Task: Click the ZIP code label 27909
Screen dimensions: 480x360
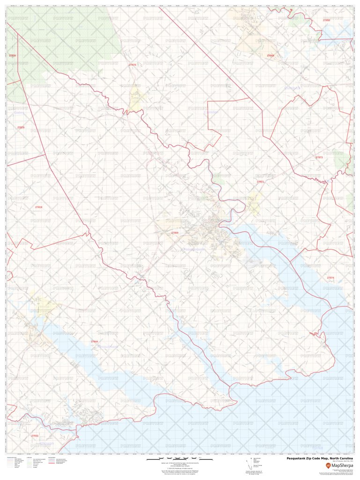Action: point(175,233)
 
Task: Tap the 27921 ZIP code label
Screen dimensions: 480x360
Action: point(260,181)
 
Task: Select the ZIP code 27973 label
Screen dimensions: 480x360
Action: point(319,157)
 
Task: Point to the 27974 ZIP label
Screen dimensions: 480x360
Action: point(331,278)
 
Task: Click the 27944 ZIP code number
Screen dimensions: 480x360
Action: point(95,341)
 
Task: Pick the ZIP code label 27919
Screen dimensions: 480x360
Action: point(38,207)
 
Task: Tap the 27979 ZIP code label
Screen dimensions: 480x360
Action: point(21,127)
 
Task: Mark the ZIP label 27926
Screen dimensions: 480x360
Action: point(12,56)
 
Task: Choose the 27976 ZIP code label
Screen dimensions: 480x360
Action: point(132,65)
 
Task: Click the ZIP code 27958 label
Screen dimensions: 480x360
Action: point(271,55)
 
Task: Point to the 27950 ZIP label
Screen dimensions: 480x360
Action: point(326,21)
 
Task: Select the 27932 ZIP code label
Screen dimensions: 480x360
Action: point(35,436)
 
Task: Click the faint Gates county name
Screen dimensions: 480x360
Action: point(19,112)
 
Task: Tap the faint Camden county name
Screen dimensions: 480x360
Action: point(211,112)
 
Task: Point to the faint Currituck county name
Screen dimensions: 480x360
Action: point(292,88)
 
